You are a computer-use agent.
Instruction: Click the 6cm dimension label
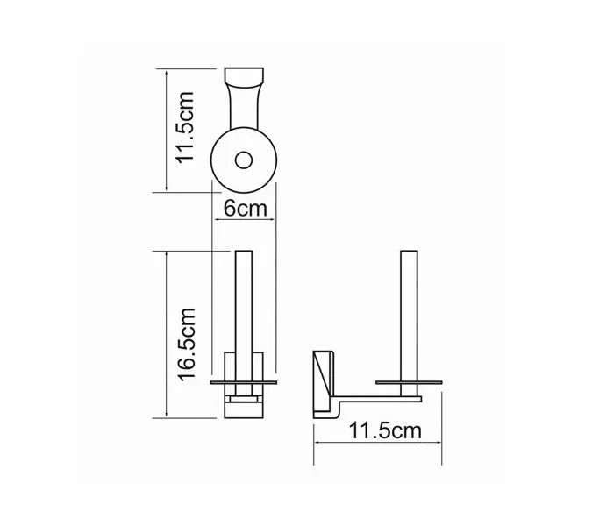click(245, 210)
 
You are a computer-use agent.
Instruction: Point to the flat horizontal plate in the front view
click(245, 382)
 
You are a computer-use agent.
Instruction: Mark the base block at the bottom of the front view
click(245, 405)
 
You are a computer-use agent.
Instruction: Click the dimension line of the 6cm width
click(245, 224)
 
